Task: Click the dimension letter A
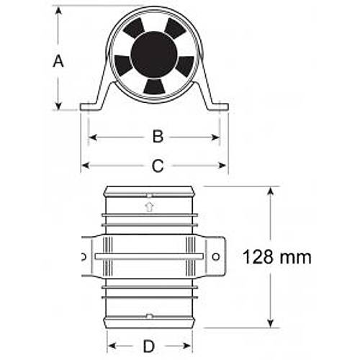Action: (58, 61)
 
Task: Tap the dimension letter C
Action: (157, 166)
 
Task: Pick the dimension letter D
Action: (148, 346)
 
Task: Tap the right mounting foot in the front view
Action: (217, 107)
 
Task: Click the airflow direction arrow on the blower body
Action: (149, 207)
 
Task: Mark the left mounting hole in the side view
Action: (84, 256)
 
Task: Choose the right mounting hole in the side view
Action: (216, 256)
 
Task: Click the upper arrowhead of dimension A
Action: (58, 11)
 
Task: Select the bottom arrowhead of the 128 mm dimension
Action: (271, 323)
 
